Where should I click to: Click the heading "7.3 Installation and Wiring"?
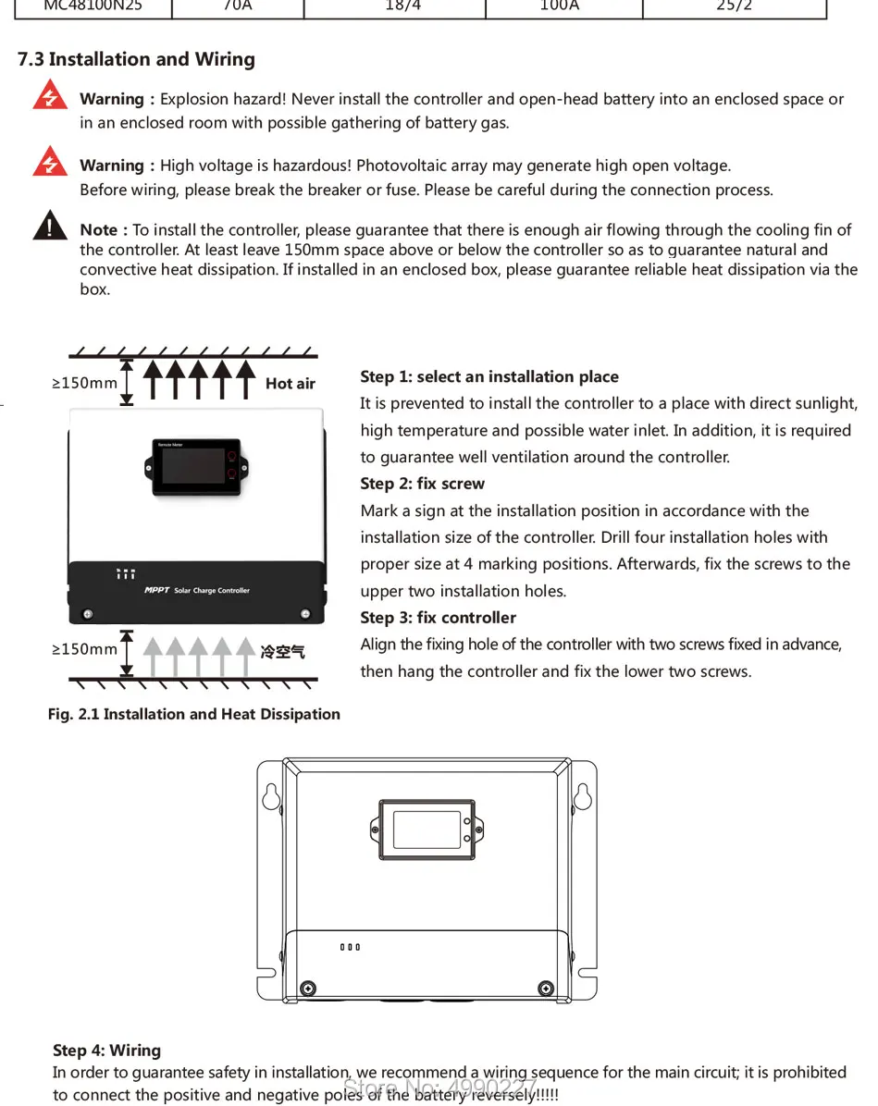(x=136, y=59)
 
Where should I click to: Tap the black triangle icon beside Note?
(x=49, y=226)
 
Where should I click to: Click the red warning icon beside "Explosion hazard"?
(x=49, y=95)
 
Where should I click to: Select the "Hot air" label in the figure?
(x=291, y=384)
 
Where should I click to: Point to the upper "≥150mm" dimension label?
(x=85, y=383)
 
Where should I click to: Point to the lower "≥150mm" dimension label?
(x=85, y=649)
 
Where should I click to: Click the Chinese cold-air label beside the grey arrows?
(x=282, y=652)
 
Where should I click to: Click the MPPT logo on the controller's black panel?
(x=157, y=590)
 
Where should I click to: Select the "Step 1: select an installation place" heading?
(x=488, y=376)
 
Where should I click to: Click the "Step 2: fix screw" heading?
(x=422, y=484)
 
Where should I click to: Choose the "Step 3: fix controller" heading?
(x=438, y=618)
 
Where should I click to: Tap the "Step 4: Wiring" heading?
(x=106, y=1050)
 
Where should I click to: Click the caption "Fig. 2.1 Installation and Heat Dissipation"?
(x=194, y=714)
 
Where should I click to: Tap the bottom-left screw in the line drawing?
(x=309, y=988)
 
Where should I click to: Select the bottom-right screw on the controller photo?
(x=304, y=614)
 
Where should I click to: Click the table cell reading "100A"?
(x=559, y=7)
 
